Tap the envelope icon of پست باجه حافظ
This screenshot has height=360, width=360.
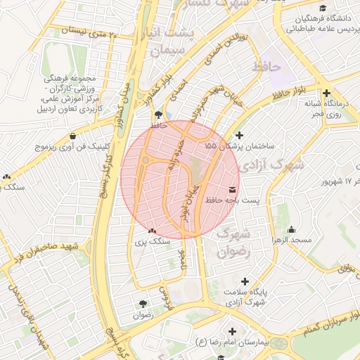tap(232, 190)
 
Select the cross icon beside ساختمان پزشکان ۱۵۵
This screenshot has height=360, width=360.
tap(239, 135)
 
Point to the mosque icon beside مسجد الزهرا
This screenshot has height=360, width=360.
tap(292, 229)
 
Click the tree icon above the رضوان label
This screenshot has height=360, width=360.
tap(143, 304)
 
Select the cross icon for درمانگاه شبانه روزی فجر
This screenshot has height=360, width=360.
tap(326, 92)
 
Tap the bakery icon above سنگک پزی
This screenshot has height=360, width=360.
tap(151, 230)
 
